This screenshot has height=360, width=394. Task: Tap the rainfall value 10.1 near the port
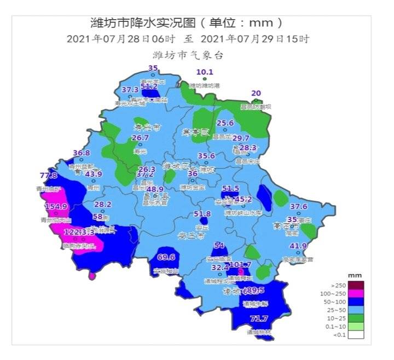point(205,72)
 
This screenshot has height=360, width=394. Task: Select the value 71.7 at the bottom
point(259,318)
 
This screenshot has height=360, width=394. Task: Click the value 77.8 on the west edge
point(48,175)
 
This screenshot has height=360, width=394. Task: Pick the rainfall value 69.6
point(166,257)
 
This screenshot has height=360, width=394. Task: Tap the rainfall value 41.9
point(298,246)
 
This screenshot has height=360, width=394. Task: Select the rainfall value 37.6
point(298,206)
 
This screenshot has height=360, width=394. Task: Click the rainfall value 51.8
point(202,213)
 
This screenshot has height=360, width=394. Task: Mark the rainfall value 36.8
point(81,153)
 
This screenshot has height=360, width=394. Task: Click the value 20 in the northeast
point(256,93)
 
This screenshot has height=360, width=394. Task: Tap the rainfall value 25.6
point(225,123)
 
